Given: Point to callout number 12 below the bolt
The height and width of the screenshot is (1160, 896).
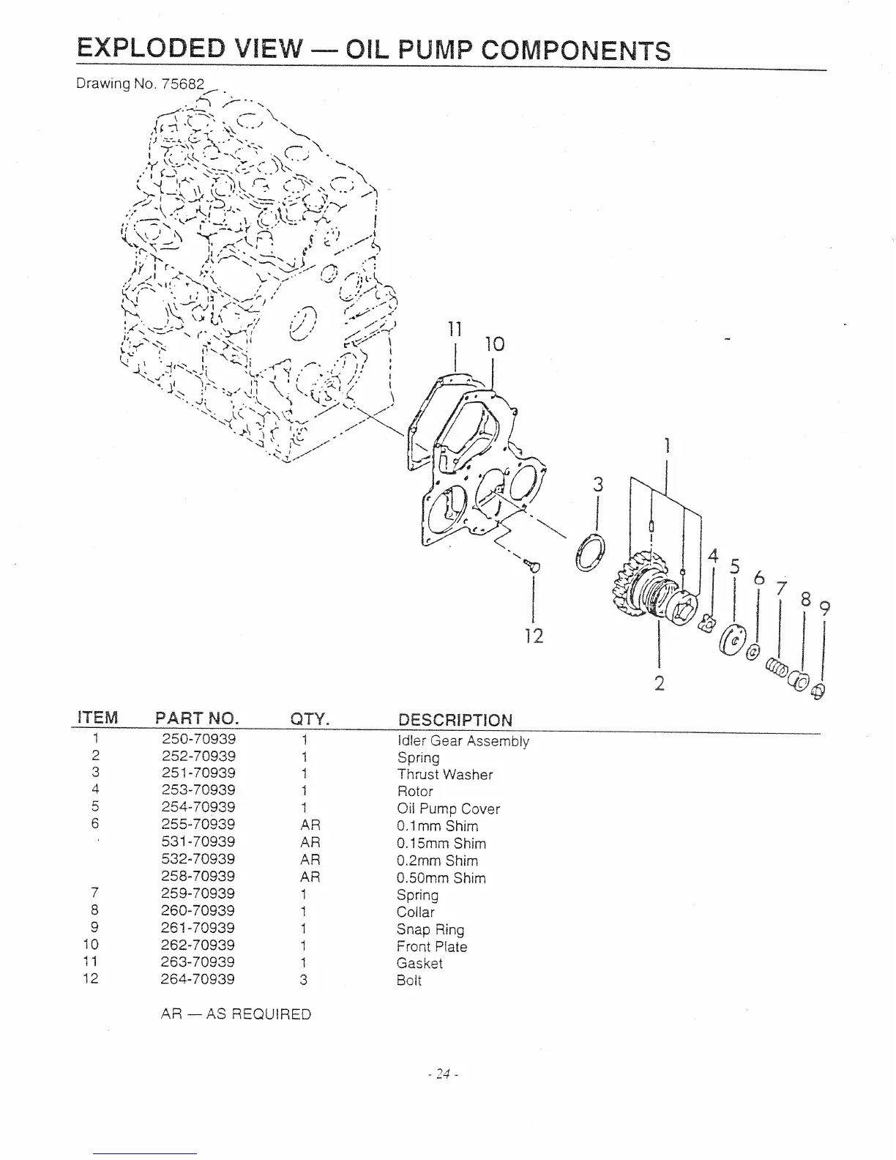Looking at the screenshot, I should [534, 636].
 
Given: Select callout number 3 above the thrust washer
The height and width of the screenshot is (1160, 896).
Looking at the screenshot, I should [599, 485].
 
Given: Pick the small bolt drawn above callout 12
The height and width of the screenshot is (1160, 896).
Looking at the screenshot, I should [533, 564].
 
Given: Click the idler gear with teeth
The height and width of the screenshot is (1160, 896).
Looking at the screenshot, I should [634, 586].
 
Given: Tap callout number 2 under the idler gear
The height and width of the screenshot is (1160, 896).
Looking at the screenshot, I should [660, 683].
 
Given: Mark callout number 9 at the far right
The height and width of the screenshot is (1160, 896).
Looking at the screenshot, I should [825, 608].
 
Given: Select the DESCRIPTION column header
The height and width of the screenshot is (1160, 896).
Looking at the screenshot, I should [455, 720].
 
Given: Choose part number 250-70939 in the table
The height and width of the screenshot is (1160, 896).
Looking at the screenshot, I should [198, 739].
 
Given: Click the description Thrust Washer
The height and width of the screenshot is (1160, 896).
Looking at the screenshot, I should [445, 775].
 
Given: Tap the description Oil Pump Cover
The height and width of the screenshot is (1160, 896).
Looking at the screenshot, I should [448, 809].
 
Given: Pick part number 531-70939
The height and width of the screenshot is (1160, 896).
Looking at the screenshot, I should [198, 841].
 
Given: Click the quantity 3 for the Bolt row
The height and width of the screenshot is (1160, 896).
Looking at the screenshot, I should [302, 980].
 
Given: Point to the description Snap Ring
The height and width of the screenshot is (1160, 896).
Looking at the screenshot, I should [430, 929].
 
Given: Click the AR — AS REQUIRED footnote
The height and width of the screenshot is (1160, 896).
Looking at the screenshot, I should [236, 1014].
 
